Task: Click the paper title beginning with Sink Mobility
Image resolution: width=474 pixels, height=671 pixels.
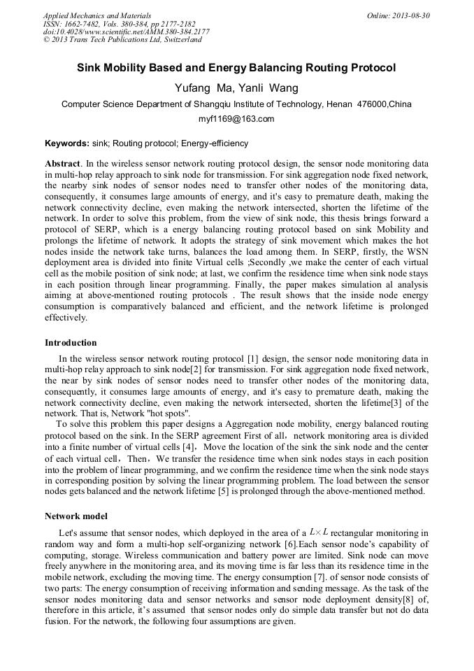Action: click(236, 68)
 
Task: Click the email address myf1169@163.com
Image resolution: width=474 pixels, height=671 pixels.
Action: click(236, 119)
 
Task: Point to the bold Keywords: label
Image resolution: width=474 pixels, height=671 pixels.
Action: click(67, 143)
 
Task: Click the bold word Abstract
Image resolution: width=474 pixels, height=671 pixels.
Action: click(62, 162)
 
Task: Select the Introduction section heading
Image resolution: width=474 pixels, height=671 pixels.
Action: click(71, 343)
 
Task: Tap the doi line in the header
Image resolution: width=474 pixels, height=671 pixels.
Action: click(126, 32)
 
